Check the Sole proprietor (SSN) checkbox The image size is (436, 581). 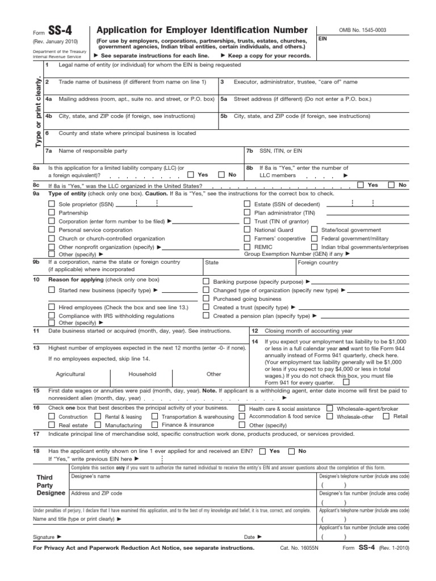pyautogui.click(x=52, y=204)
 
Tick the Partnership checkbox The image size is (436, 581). pyautogui.click(x=52, y=212)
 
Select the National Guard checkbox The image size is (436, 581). pyautogui.click(x=247, y=230)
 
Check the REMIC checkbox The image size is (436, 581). pyautogui.click(x=247, y=247)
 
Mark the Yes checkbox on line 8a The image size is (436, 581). pyautogui.click(x=191, y=175)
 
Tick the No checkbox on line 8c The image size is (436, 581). pyautogui.click(x=392, y=185)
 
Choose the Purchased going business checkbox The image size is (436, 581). pyautogui.click(x=206, y=298)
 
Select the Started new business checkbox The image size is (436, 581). pyautogui.click(x=52, y=290)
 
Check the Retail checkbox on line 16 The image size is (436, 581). pyautogui.click(x=386, y=416)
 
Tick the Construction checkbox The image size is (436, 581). pyautogui.click(x=52, y=416)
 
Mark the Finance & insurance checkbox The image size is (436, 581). pyautogui.click(x=154, y=425)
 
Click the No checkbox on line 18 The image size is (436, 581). pyautogui.click(x=291, y=451)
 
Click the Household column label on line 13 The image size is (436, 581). pyautogui.click(x=142, y=374)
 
